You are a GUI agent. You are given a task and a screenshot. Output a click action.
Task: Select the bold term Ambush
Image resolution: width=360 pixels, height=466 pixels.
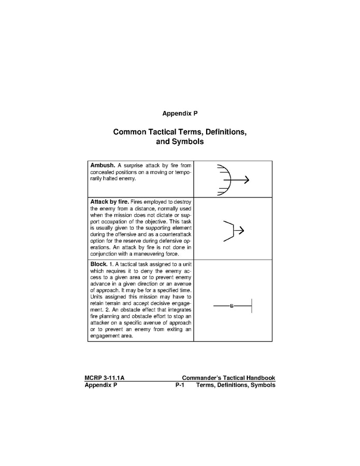coord(103,165)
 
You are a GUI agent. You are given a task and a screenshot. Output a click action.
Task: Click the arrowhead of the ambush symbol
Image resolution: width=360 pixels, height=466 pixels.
coord(247,180)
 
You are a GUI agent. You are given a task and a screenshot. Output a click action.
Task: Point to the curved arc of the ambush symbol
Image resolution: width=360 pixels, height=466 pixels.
coord(227,179)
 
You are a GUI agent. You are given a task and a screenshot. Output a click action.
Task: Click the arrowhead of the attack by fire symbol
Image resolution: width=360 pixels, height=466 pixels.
coord(241,230)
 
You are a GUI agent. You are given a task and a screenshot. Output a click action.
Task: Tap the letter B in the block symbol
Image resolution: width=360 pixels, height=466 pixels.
coord(232,306)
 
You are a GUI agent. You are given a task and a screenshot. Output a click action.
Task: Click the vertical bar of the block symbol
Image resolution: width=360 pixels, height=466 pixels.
coord(252,306)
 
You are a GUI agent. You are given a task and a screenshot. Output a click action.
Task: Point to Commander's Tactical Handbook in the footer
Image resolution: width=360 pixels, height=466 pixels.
coord(228,378)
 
